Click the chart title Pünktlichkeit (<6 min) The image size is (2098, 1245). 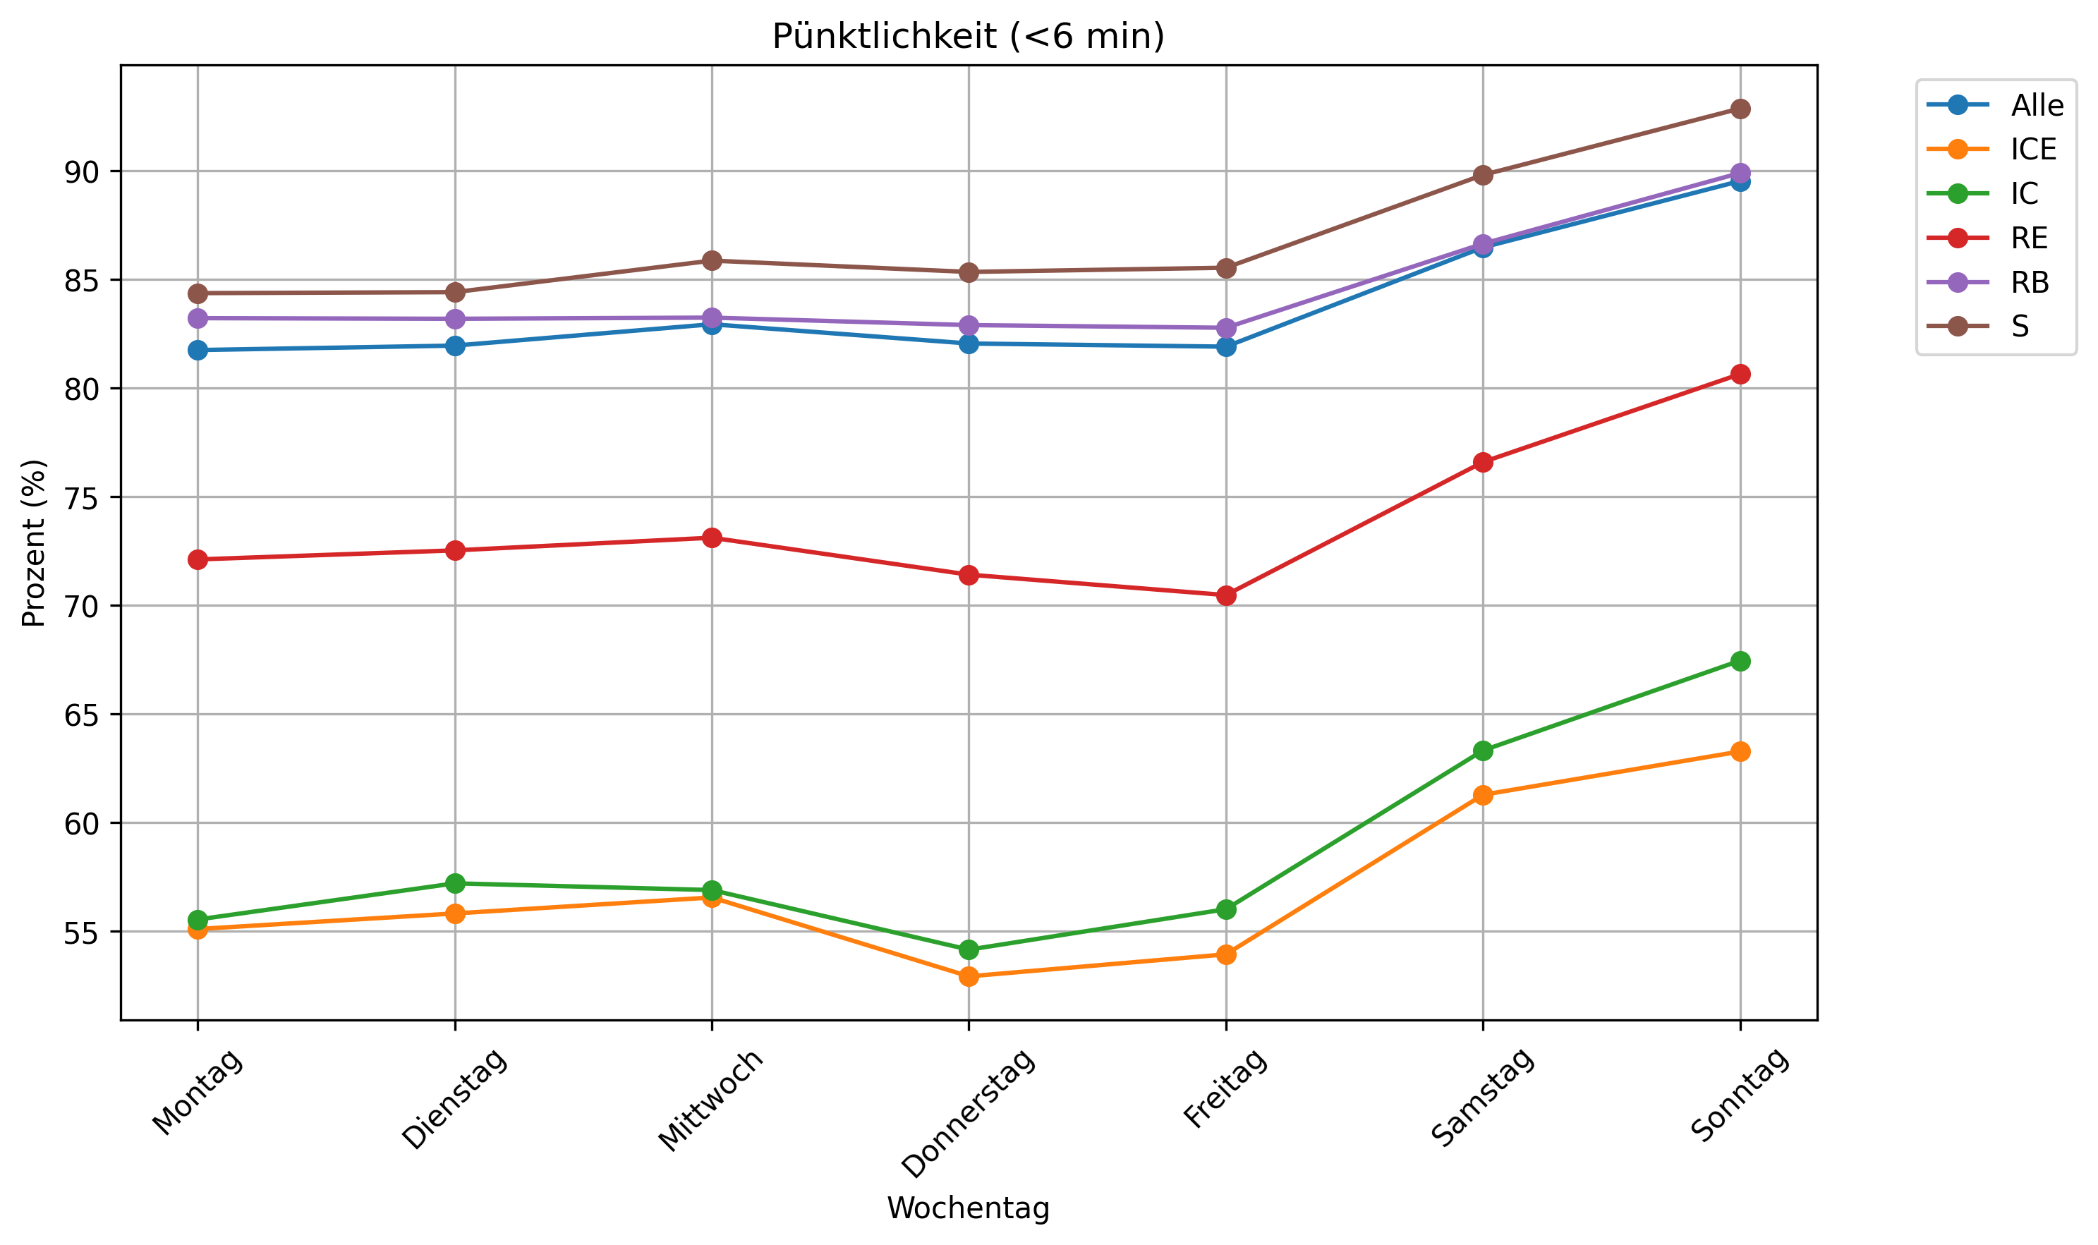(x=968, y=37)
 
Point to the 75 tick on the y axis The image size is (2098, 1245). (x=80, y=497)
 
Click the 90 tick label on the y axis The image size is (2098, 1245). (x=80, y=172)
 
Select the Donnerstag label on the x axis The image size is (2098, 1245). (x=968, y=1114)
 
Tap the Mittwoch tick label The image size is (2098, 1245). (x=710, y=1100)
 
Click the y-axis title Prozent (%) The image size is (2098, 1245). (x=34, y=543)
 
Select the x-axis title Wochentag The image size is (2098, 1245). (x=968, y=1208)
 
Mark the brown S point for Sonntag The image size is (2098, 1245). (x=1740, y=109)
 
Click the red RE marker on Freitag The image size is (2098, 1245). (x=1225, y=595)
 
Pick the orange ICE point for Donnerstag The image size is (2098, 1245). (x=968, y=976)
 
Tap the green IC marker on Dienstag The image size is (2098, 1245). (x=455, y=883)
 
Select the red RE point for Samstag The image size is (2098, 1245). (x=1482, y=462)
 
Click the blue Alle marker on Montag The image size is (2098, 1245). (x=198, y=350)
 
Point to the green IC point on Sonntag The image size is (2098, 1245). (x=1740, y=661)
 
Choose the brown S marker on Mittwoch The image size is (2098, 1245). (x=711, y=261)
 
